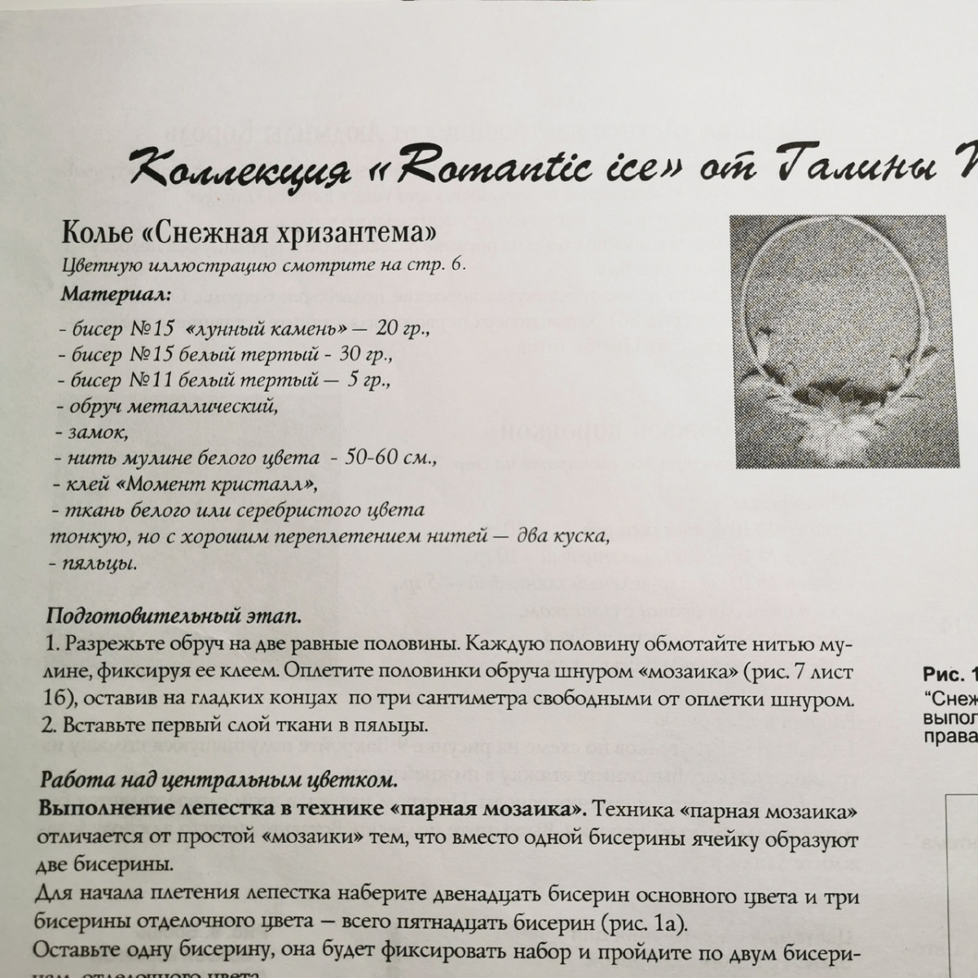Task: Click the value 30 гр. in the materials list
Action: [367, 355]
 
